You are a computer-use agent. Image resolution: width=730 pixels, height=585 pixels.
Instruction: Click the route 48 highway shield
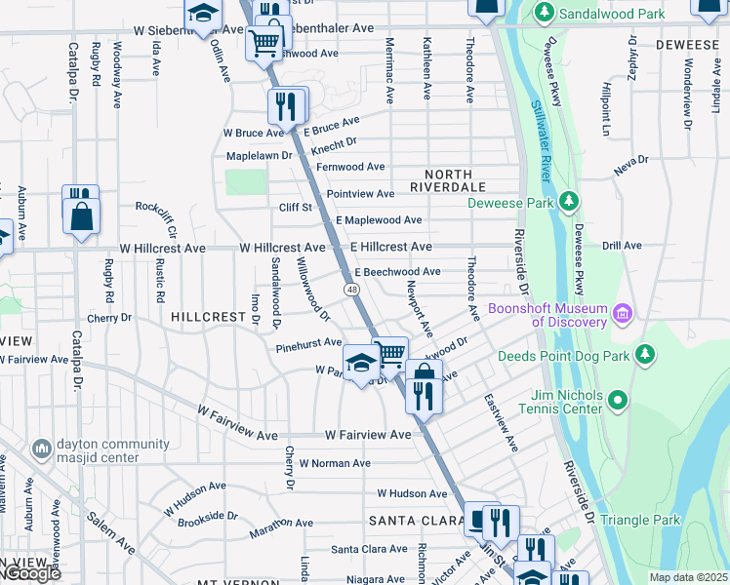tap(348, 290)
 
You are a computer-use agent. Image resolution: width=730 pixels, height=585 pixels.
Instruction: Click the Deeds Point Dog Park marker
tap(645, 355)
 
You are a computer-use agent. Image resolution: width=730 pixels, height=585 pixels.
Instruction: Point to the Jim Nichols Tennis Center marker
tap(617, 400)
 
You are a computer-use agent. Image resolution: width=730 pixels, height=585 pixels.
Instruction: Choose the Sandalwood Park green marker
tap(545, 14)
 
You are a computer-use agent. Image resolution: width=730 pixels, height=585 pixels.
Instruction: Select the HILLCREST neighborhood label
tap(208, 318)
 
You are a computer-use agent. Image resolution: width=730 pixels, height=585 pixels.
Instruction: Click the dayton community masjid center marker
tap(41, 448)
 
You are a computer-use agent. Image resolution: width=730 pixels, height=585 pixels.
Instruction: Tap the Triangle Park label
tap(640, 521)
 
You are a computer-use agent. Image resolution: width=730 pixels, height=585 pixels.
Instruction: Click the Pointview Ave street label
tap(360, 194)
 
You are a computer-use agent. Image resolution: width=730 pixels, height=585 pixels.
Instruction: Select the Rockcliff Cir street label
tap(155, 207)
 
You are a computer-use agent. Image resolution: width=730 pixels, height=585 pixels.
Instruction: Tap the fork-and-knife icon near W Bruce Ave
tap(284, 105)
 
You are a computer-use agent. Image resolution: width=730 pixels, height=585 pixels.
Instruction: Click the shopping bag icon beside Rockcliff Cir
tap(81, 216)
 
